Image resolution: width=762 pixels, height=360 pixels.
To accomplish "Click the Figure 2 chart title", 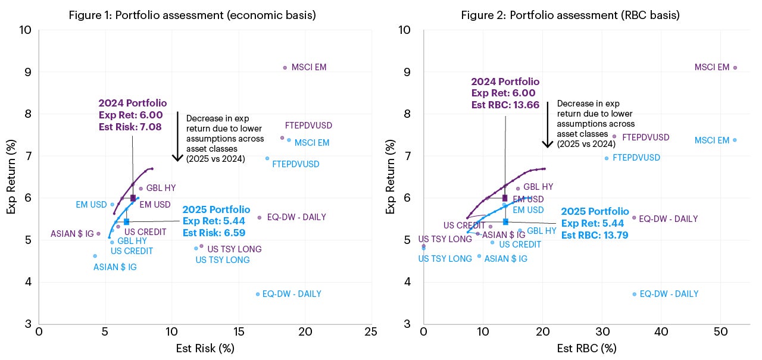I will click(570, 15).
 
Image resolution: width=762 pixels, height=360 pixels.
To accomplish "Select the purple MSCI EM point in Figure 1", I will click(285, 68).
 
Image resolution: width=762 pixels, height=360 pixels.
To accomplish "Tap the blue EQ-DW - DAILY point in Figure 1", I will click(258, 294).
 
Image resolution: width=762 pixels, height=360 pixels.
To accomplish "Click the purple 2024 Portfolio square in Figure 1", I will click(133, 198).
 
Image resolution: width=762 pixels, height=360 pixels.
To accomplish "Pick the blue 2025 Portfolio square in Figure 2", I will click(505, 221).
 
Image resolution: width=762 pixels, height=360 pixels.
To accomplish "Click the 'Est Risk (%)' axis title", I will click(205, 348).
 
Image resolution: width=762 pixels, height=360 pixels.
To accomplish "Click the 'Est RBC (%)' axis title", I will click(586, 348).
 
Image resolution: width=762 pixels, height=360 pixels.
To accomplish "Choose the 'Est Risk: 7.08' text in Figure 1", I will click(130, 126).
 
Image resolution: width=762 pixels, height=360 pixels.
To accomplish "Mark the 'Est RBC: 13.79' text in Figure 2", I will click(595, 235).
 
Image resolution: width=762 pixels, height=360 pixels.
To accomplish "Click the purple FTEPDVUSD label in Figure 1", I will click(308, 126).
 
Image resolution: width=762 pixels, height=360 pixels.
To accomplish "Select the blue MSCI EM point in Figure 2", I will click(734, 140).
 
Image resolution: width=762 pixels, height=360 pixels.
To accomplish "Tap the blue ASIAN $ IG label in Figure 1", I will click(115, 267).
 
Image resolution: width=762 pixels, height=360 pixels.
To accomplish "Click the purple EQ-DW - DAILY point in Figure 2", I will click(634, 218).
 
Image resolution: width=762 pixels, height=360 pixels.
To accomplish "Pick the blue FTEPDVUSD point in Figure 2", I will click(607, 158).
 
